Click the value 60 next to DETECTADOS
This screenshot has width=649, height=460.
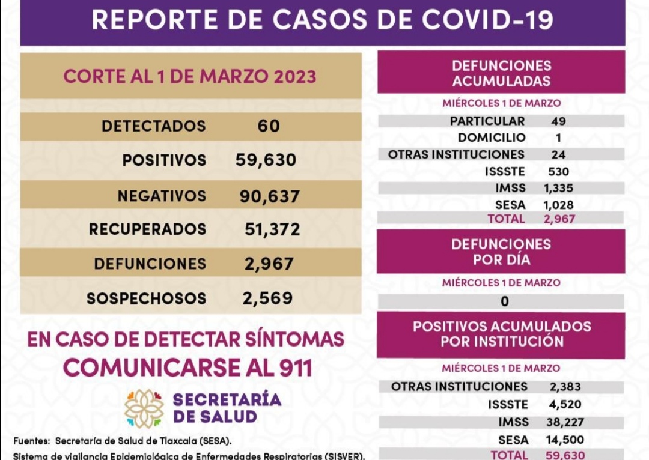(x=269, y=126)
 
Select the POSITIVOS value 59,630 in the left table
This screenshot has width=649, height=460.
(x=266, y=160)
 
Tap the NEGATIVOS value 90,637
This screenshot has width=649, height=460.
(x=269, y=196)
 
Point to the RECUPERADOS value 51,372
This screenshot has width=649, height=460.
(x=272, y=229)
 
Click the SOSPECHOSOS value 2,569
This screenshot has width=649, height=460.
(x=268, y=298)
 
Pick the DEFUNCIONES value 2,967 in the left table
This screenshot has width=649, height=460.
(x=269, y=264)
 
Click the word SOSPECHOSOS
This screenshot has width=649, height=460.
(x=146, y=298)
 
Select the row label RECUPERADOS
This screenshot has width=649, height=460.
(x=147, y=229)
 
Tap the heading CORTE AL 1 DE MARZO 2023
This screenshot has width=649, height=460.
(x=190, y=77)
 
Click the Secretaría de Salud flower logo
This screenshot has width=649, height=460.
(x=144, y=408)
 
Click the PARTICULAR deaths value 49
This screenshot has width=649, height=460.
(x=558, y=121)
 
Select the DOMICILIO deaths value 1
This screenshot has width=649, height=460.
(x=559, y=138)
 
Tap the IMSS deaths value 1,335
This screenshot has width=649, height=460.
(x=558, y=188)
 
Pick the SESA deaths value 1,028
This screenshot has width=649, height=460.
(x=558, y=205)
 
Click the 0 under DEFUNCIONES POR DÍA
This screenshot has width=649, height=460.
(x=505, y=301)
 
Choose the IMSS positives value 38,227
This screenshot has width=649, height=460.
(x=565, y=422)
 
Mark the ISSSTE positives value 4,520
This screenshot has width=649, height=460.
(x=565, y=404)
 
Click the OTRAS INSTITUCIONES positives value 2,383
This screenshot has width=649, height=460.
(x=565, y=387)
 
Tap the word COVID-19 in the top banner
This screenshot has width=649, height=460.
(x=487, y=20)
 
